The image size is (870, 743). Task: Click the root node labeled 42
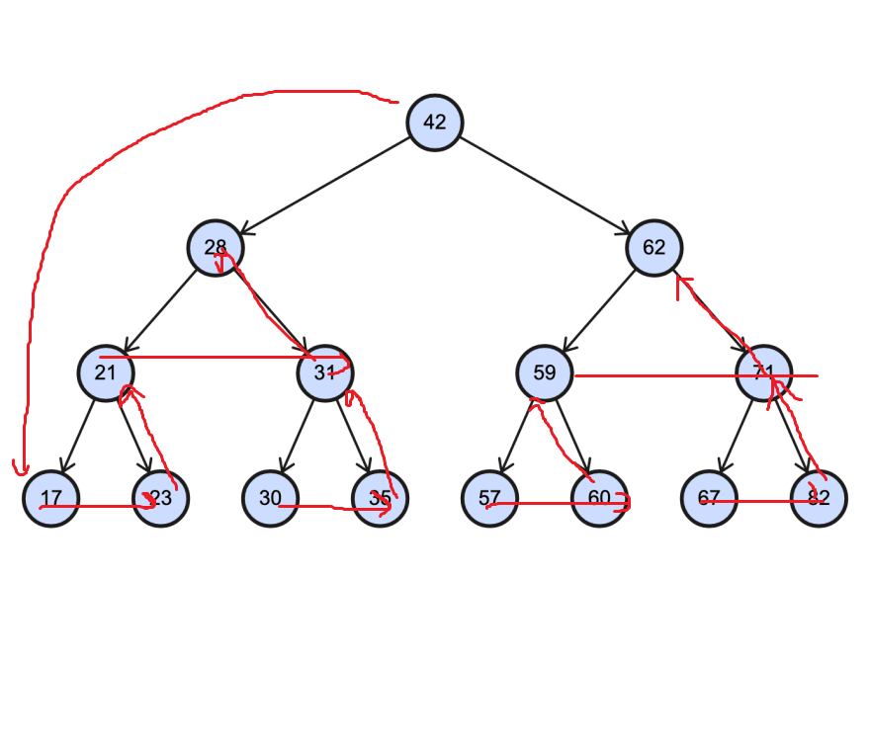coord(435,123)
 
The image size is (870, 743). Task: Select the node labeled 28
coord(216,248)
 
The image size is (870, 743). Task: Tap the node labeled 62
coord(653,248)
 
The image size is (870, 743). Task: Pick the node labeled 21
coord(106,373)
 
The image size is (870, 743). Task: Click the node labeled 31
coord(325,373)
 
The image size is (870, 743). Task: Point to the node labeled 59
coord(545,373)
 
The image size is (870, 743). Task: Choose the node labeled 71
coord(763,373)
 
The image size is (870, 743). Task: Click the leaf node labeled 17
coord(51,499)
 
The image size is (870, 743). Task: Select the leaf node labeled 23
coord(160,499)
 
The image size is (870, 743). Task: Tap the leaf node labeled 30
coord(270,499)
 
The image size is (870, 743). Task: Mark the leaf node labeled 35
coord(380,499)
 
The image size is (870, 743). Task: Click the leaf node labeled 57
coord(489,499)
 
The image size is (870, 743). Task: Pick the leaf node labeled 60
coord(599,499)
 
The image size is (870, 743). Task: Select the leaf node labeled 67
coord(709,499)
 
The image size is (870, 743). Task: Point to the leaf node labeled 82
coord(819,499)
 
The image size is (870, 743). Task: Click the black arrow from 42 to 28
coord(326,185)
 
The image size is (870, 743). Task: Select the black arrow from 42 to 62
coord(544,185)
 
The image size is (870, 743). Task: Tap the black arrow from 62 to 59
coord(599,310)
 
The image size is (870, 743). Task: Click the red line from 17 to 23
coord(99,507)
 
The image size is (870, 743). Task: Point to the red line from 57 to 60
coord(544,503)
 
